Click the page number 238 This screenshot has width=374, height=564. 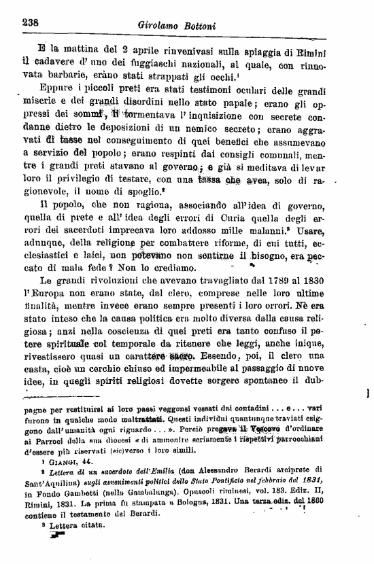click(x=29, y=22)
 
